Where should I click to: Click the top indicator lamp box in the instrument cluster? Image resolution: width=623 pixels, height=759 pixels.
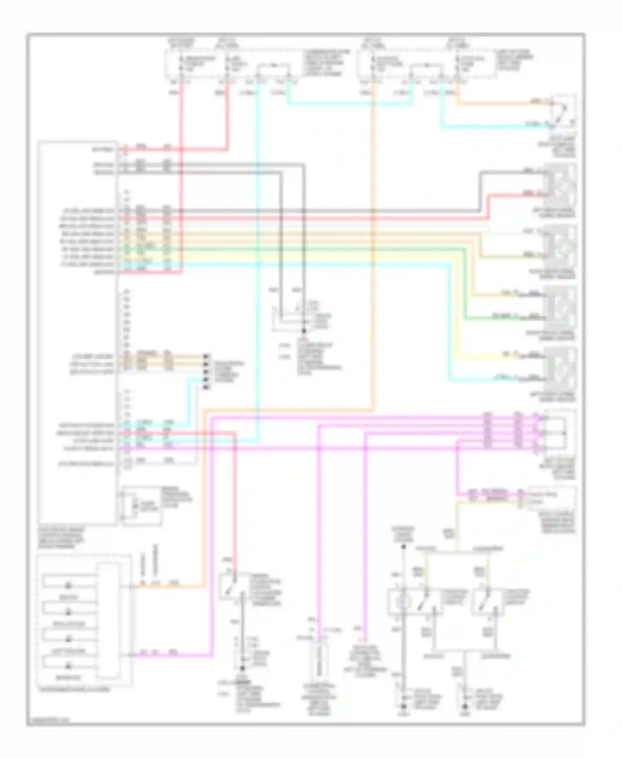tap(69, 585)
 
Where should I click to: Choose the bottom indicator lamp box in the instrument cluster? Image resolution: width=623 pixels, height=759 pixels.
tap(69, 666)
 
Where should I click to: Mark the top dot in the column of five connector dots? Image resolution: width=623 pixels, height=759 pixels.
tap(206, 356)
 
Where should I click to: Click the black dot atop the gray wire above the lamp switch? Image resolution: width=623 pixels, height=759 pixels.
tap(403, 547)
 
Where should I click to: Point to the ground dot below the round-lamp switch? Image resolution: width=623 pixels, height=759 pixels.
tap(403, 705)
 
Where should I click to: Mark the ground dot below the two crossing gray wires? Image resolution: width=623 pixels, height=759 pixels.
tap(304, 331)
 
